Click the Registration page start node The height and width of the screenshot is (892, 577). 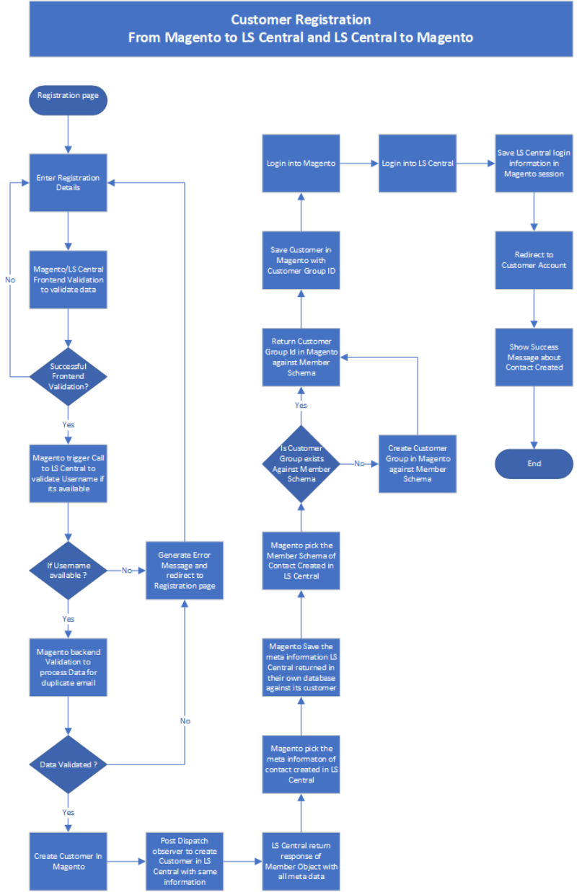69,100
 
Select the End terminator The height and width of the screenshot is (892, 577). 534,463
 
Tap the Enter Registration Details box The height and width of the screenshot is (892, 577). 69,183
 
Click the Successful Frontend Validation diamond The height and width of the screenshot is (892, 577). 69,376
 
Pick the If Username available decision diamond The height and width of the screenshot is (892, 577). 69,570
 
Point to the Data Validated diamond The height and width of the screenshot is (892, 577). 69,764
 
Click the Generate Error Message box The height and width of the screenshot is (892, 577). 185,570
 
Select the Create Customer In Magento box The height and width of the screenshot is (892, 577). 69,861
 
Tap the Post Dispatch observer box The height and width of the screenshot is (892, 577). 185,861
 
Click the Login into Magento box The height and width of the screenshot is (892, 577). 301,164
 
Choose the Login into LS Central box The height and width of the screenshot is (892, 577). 418,164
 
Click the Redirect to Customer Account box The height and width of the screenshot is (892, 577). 534,260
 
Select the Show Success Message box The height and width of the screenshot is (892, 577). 534,357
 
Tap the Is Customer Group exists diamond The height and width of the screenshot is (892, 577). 301,464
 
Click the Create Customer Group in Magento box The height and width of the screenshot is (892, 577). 418,464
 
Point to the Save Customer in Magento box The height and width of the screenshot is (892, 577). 301,260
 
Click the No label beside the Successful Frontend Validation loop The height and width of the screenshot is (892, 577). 10,280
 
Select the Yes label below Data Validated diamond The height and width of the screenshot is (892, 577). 69,812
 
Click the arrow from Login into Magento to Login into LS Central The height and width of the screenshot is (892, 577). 359,164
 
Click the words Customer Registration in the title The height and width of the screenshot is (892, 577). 301,19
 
